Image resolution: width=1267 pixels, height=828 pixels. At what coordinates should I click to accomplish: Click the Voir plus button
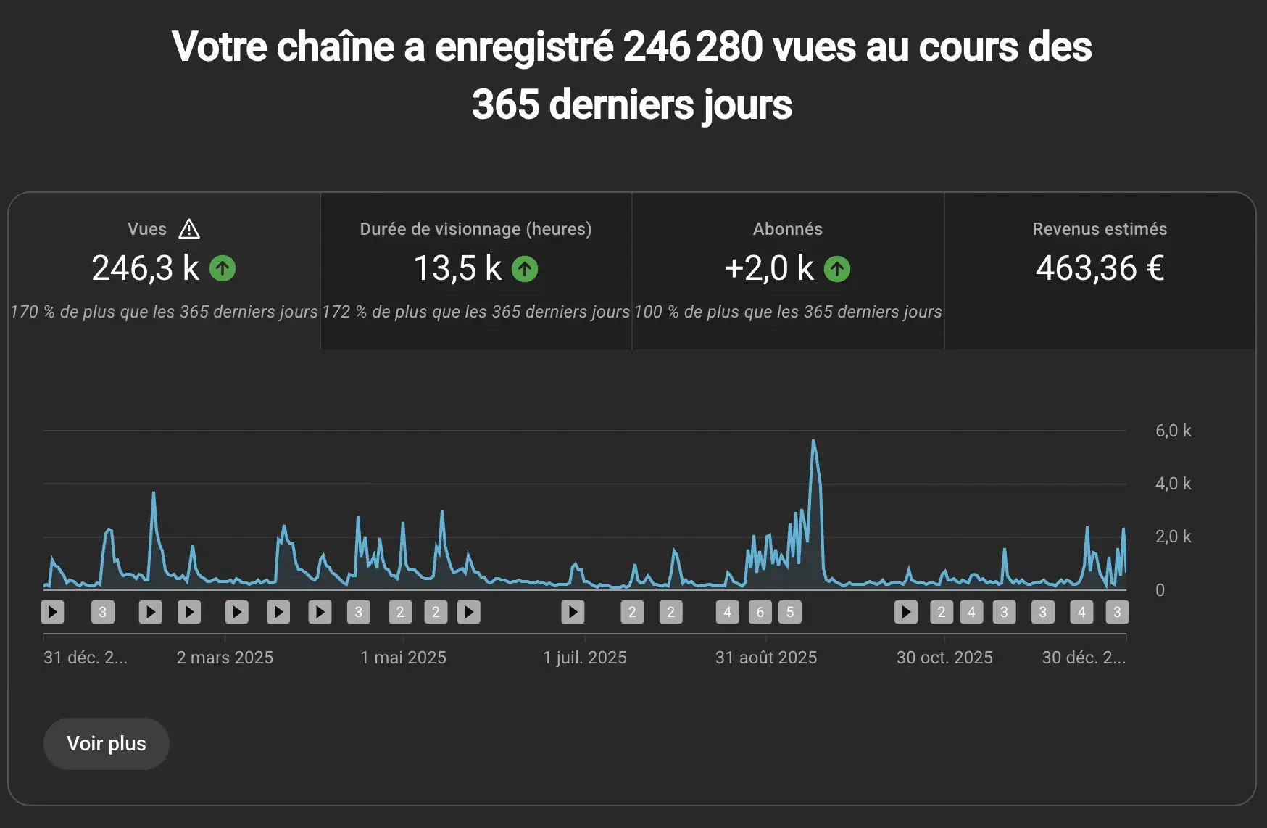(107, 744)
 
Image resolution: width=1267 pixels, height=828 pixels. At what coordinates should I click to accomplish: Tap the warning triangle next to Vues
(189, 229)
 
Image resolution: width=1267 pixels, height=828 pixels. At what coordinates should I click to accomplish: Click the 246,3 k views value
(145, 268)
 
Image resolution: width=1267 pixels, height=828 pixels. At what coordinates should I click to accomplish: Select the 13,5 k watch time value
(457, 268)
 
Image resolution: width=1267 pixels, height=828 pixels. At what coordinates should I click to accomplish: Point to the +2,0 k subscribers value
(769, 268)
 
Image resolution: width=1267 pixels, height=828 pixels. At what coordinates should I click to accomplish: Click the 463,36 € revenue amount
(1100, 268)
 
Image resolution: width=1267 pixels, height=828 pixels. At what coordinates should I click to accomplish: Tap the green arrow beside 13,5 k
(525, 269)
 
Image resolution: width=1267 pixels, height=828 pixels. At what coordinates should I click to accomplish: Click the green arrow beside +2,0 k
(837, 269)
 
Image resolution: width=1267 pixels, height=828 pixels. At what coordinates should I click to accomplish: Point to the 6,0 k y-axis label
(1173, 431)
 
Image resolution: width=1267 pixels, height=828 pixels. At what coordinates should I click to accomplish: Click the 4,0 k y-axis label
(1173, 484)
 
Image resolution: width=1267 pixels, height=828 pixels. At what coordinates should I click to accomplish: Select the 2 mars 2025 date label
(225, 658)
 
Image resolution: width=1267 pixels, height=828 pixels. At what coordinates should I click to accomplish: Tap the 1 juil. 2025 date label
(585, 658)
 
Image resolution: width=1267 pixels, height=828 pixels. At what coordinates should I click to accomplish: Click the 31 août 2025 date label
(766, 658)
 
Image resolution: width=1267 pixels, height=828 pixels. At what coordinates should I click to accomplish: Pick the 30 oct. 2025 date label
(944, 658)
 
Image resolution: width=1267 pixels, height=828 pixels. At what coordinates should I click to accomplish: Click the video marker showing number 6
(760, 612)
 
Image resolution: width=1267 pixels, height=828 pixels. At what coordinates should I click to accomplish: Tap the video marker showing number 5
(790, 612)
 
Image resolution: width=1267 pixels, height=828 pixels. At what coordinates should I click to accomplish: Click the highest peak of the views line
(813, 441)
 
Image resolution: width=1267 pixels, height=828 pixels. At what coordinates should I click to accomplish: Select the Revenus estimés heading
(1100, 229)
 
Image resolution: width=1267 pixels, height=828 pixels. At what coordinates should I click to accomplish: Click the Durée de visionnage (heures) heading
(475, 229)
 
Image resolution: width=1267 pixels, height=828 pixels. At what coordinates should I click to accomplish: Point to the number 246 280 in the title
(692, 47)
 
